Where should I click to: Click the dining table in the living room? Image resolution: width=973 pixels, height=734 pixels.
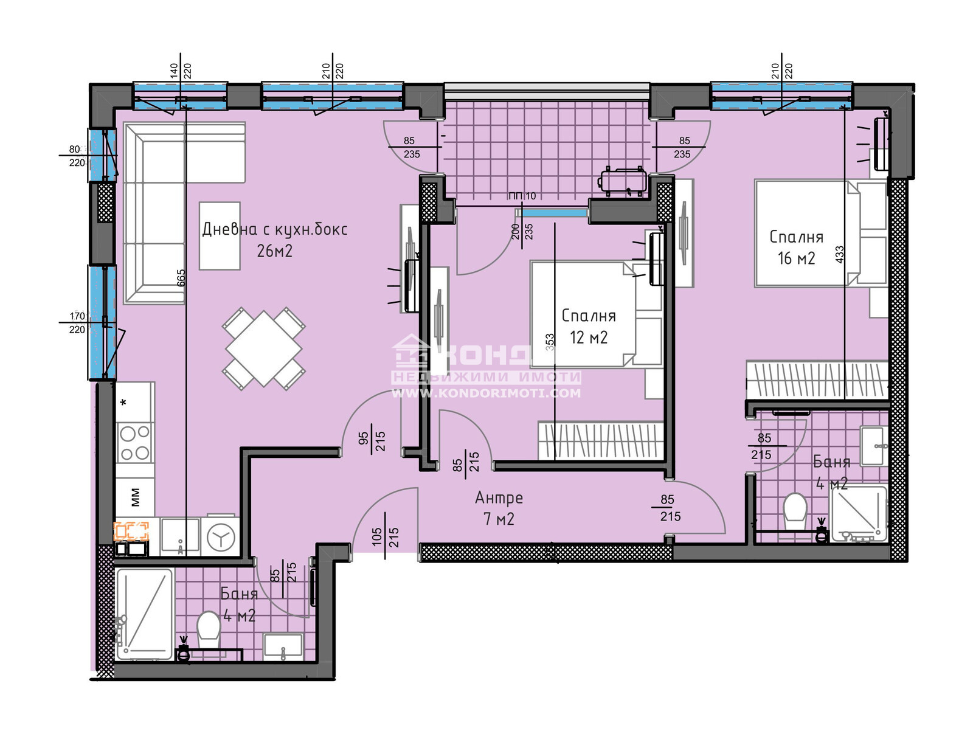tap(263, 348)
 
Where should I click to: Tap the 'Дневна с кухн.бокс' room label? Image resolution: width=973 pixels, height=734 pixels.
tap(274, 230)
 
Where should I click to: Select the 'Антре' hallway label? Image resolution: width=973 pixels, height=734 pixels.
tap(499, 498)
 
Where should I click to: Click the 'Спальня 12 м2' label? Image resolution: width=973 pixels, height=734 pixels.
tap(588, 326)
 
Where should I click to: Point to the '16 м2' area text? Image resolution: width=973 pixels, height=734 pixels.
tap(796, 258)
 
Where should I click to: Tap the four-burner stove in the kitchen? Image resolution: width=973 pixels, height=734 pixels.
tap(134, 443)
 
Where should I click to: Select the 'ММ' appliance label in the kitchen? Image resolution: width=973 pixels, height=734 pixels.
tap(135, 497)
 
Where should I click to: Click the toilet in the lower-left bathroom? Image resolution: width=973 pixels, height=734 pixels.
tap(208, 626)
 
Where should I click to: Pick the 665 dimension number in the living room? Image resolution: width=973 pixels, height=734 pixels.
tap(181, 278)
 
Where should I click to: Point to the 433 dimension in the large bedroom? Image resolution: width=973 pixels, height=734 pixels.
tap(840, 254)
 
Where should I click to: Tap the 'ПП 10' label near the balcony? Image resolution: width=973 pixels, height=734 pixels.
tap(522, 196)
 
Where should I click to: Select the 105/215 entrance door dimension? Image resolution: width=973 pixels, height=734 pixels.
tap(385, 536)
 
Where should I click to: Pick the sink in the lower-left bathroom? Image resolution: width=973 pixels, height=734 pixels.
tap(283, 646)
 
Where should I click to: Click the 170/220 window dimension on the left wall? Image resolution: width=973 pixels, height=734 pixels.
tap(77, 323)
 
